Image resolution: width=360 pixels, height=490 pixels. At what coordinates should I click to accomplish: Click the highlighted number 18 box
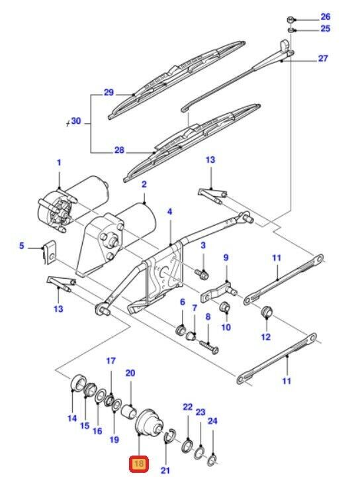(x=138, y=463)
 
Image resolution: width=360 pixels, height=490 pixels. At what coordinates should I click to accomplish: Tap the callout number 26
(x=326, y=17)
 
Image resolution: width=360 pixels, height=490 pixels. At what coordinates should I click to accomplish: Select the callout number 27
(x=323, y=58)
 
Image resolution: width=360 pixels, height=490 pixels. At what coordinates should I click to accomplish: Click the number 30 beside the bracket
(x=76, y=121)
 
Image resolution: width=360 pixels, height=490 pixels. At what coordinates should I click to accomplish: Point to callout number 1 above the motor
(x=59, y=162)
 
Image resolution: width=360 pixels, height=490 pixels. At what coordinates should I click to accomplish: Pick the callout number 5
(x=21, y=246)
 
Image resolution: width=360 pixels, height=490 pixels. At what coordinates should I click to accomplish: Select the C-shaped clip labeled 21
(x=168, y=435)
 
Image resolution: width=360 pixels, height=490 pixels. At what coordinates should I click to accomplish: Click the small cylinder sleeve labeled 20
(x=128, y=411)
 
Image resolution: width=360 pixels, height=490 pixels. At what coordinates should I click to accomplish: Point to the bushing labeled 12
(x=267, y=311)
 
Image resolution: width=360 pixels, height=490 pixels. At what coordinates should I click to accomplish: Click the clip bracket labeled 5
(x=50, y=252)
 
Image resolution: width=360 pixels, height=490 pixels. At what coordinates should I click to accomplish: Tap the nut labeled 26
(x=290, y=20)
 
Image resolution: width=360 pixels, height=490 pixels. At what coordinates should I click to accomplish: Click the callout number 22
(x=188, y=407)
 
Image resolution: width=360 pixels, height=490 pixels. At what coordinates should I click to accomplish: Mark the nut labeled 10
(x=225, y=307)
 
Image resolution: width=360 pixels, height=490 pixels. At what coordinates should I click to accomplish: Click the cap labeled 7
(x=190, y=336)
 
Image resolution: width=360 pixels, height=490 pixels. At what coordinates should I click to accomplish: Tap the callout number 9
(x=226, y=258)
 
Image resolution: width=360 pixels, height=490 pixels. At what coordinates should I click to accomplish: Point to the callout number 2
(x=144, y=184)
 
